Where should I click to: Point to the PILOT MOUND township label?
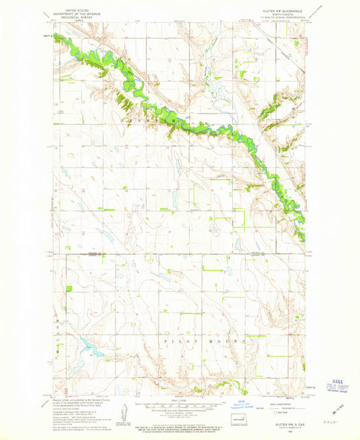point(201,343)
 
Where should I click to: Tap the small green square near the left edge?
point(69,289)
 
